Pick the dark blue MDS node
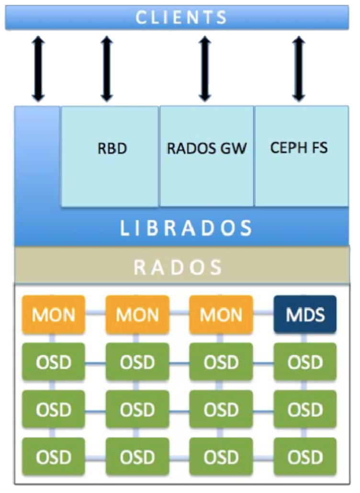305,314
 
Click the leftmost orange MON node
54,314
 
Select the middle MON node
137,314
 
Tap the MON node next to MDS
221,314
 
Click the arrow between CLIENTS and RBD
106,69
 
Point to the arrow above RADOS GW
205,69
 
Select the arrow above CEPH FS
298,69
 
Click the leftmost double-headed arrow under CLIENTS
38,69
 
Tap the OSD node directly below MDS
305,362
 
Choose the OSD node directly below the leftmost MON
54,362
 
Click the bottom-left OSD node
54,457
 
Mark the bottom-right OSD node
305,457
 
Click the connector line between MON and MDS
263,313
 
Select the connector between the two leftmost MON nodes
95,313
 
